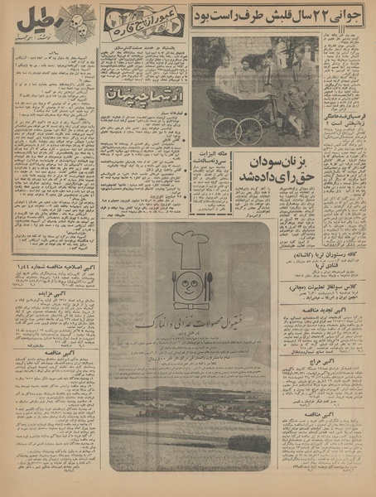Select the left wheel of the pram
(225, 131)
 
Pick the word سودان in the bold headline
(280, 158)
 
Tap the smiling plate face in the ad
(191, 279)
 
